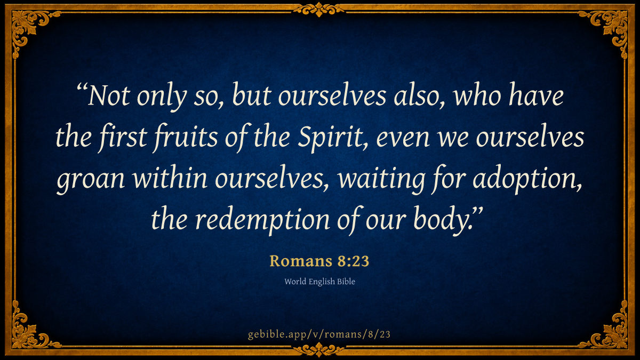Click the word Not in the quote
click(x=109, y=95)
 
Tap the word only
click(x=162, y=97)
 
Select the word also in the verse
click(x=419, y=95)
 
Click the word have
click(x=537, y=95)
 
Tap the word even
click(x=403, y=139)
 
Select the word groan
click(x=91, y=180)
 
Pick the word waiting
click(x=381, y=179)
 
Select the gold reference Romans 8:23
click(x=319, y=261)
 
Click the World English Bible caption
click(x=319, y=282)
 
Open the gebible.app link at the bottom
click(x=319, y=334)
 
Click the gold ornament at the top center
click(x=319, y=10)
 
